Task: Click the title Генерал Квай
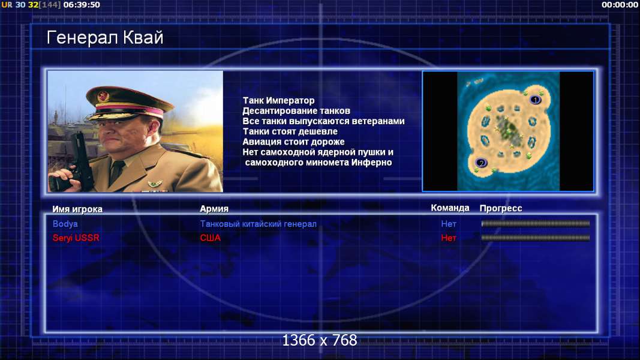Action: pyautogui.click(x=105, y=38)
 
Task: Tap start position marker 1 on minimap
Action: pyautogui.click(x=536, y=100)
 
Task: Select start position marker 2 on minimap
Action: pyautogui.click(x=481, y=163)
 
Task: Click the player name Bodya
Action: pyautogui.click(x=65, y=224)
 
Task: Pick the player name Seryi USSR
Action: pyautogui.click(x=76, y=238)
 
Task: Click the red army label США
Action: pyautogui.click(x=210, y=238)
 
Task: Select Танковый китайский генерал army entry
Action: pyautogui.click(x=258, y=224)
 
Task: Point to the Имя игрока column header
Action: pyautogui.click(x=77, y=209)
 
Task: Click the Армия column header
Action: pyautogui.click(x=214, y=209)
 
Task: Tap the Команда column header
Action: pyautogui.click(x=450, y=208)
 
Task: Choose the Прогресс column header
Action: pyautogui.click(x=501, y=208)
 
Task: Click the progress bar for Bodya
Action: pyautogui.click(x=536, y=224)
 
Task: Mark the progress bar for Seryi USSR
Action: pyautogui.click(x=536, y=238)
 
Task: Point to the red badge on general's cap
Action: pyautogui.click(x=103, y=97)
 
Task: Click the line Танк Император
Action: pyautogui.click(x=279, y=100)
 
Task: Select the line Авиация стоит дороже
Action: pyautogui.click(x=293, y=142)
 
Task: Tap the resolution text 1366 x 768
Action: pyautogui.click(x=320, y=340)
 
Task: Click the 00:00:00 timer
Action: pyautogui.click(x=620, y=5)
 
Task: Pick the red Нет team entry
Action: pyautogui.click(x=449, y=238)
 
